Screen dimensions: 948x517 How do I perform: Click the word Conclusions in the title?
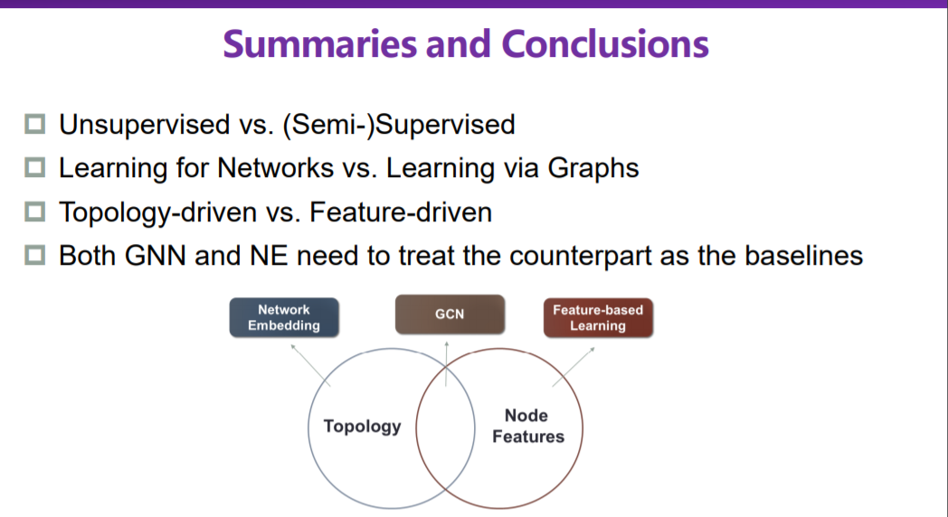coord(605,43)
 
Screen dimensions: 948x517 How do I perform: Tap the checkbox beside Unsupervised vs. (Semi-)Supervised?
coord(35,124)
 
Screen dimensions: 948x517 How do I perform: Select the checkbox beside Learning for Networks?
coord(35,167)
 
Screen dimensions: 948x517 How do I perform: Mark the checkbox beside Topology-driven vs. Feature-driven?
coord(35,211)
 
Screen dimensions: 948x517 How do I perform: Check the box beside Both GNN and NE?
coord(35,256)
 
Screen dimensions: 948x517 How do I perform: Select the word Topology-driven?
coord(154,212)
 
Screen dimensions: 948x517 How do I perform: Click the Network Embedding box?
coord(283,317)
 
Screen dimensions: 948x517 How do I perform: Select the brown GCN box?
coord(450,315)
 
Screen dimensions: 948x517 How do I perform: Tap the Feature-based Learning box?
coord(598,317)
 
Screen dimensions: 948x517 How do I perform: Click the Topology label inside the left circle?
coord(362,426)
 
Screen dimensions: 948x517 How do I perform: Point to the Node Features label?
coord(527,426)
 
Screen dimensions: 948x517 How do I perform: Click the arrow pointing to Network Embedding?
coord(308,361)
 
